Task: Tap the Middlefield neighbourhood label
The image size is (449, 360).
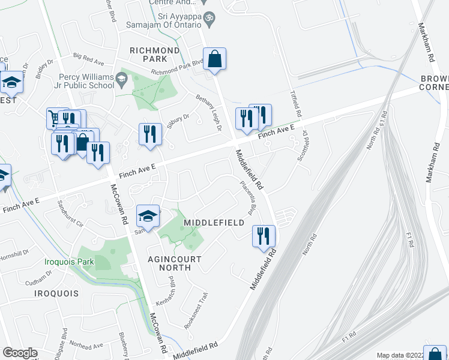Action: (x=214, y=223)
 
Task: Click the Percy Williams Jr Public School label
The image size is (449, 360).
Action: (x=86, y=81)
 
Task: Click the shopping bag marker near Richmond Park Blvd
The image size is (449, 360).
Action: (x=215, y=59)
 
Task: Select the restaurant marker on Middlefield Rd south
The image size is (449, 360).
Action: (x=263, y=236)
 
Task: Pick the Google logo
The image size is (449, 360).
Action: (x=20, y=353)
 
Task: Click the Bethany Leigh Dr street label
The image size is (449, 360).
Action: (x=209, y=110)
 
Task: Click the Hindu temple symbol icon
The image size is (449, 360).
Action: (x=209, y=18)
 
